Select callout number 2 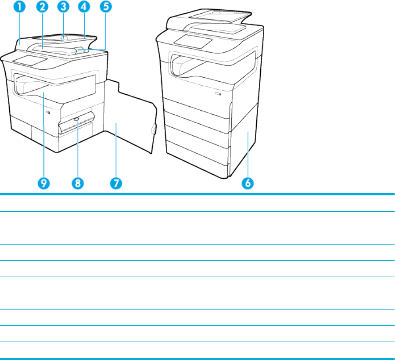(42, 7)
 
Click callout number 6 (248, 183)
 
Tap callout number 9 (43, 183)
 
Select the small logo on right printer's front (219, 94)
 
